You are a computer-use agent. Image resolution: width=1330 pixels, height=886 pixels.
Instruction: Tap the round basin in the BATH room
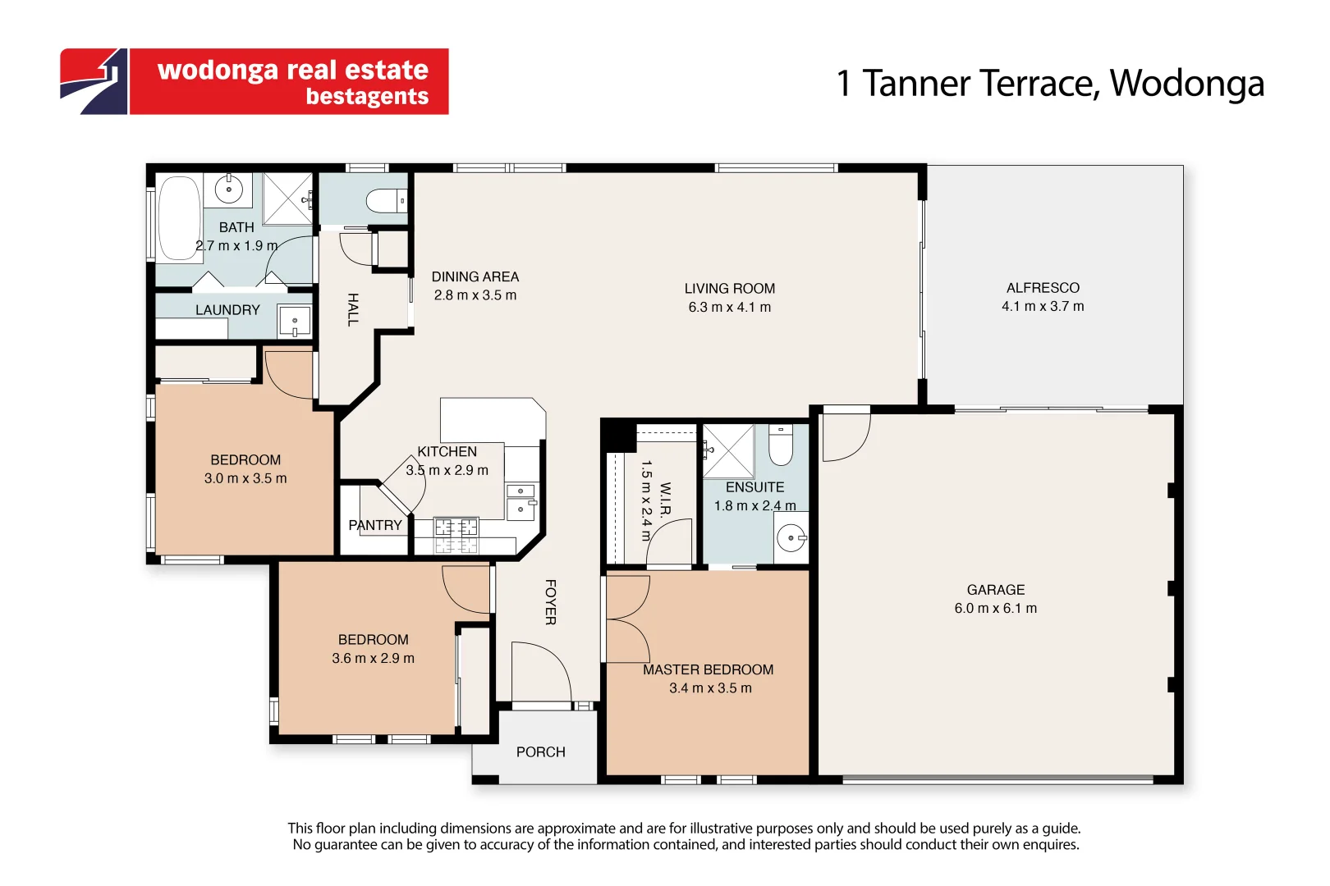[228, 190]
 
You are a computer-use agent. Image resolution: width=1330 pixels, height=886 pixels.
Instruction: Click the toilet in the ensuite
[780, 445]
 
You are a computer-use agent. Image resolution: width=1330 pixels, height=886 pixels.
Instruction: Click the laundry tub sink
[295, 322]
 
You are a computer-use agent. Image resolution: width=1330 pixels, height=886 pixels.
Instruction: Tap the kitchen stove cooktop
[456, 535]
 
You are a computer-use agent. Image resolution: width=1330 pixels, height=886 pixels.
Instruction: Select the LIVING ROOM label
[730, 289]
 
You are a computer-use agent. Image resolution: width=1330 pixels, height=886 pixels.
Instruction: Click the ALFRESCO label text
[1043, 288]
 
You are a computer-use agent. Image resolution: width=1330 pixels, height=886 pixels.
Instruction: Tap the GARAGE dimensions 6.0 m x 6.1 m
[996, 608]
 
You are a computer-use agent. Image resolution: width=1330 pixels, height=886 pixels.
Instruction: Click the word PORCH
[540, 752]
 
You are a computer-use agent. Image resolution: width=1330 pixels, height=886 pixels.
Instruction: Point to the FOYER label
[550, 602]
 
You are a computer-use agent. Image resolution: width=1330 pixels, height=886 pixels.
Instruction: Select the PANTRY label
[375, 525]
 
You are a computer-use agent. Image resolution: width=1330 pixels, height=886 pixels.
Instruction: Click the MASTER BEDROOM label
[709, 669]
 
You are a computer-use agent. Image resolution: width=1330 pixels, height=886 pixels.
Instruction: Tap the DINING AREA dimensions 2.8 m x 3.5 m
[475, 295]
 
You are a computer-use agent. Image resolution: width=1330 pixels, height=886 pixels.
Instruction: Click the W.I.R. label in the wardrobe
[665, 501]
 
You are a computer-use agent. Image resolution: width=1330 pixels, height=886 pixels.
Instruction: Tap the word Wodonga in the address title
[1187, 84]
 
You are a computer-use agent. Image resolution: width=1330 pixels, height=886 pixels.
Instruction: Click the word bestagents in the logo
[367, 96]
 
